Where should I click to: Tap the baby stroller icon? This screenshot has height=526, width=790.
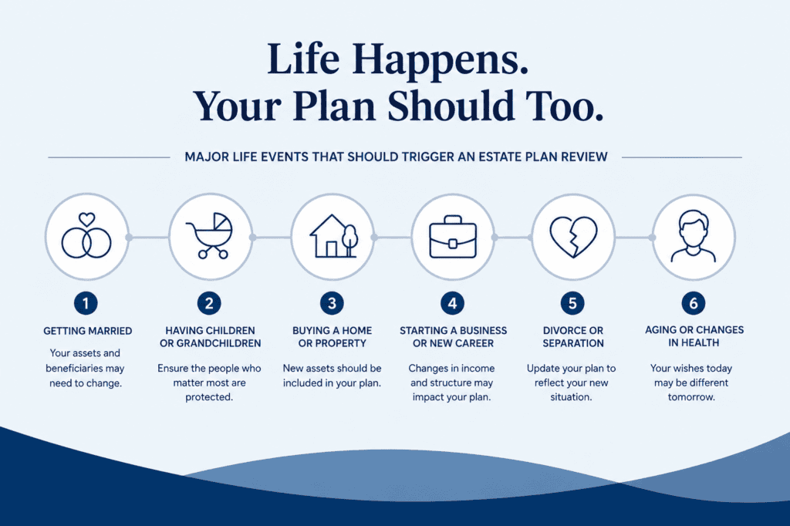point(210,235)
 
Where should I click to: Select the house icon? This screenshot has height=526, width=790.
point(333,236)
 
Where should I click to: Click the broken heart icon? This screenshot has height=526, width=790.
point(573,238)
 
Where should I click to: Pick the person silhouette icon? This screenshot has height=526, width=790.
point(694,236)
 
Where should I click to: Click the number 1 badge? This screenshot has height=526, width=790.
point(86,303)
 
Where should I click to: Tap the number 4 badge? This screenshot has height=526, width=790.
point(452,303)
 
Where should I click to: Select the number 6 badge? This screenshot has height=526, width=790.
point(694,303)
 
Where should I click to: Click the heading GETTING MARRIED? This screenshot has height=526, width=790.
point(88,331)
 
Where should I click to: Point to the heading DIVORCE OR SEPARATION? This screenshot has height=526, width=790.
point(573,336)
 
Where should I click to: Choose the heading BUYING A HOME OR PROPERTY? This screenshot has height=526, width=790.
point(332,336)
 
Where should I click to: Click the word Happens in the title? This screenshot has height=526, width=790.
point(441,60)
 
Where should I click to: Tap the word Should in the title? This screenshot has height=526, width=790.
point(451,106)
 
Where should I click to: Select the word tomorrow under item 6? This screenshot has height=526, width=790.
point(691,397)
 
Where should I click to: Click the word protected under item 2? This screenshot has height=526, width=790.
point(209,397)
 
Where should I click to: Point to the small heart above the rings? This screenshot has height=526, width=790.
point(86,219)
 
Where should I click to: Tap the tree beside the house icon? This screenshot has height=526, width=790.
point(349,241)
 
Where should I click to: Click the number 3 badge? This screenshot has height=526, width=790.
point(332,303)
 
